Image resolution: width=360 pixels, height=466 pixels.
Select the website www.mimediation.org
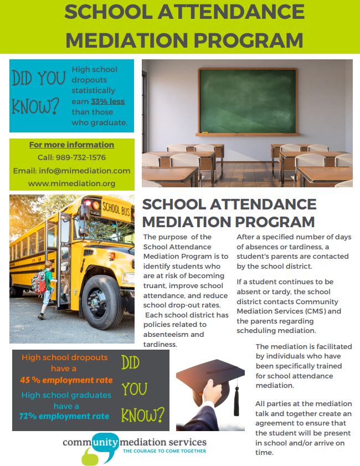71,183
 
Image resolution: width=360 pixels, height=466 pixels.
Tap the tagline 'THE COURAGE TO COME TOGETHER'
164,451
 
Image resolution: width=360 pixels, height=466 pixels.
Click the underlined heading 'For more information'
71,145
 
